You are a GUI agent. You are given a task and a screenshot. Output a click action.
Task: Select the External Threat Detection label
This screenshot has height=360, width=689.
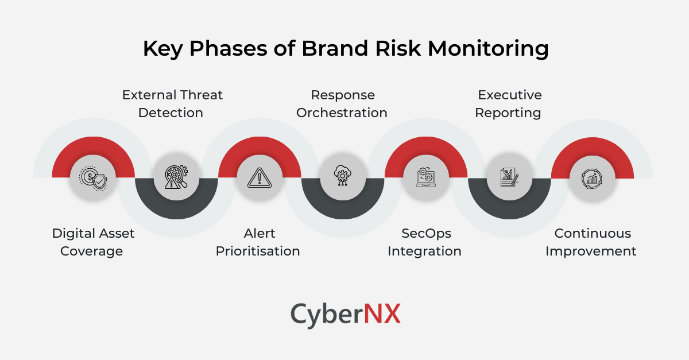click(x=172, y=103)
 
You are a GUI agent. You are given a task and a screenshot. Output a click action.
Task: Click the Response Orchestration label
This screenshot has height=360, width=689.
click(x=342, y=103)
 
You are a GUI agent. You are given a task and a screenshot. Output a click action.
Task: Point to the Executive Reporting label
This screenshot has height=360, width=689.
click(x=509, y=103)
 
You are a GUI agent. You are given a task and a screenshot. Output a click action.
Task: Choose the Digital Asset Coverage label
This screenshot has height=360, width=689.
click(x=92, y=242)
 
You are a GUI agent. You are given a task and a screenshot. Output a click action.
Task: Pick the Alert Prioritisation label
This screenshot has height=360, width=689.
click(x=258, y=242)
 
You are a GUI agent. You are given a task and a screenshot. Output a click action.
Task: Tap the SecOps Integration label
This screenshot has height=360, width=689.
click(x=424, y=242)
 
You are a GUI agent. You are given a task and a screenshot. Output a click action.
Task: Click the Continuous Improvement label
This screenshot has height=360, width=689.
click(x=591, y=242)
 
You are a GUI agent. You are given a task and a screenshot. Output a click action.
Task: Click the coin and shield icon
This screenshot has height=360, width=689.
click(x=93, y=178)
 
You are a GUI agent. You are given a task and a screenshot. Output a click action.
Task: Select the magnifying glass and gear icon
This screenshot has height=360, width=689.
click(x=176, y=177)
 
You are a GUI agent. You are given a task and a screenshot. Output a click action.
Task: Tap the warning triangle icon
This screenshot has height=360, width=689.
click(x=259, y=177)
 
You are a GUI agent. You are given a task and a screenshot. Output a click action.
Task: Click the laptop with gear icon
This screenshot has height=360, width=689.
click(x=425, y=177)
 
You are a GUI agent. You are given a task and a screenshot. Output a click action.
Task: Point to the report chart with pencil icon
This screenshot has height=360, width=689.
click(x=509, y=177)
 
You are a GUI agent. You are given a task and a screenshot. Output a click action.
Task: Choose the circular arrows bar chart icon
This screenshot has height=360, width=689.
click(x=592, y=178)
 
